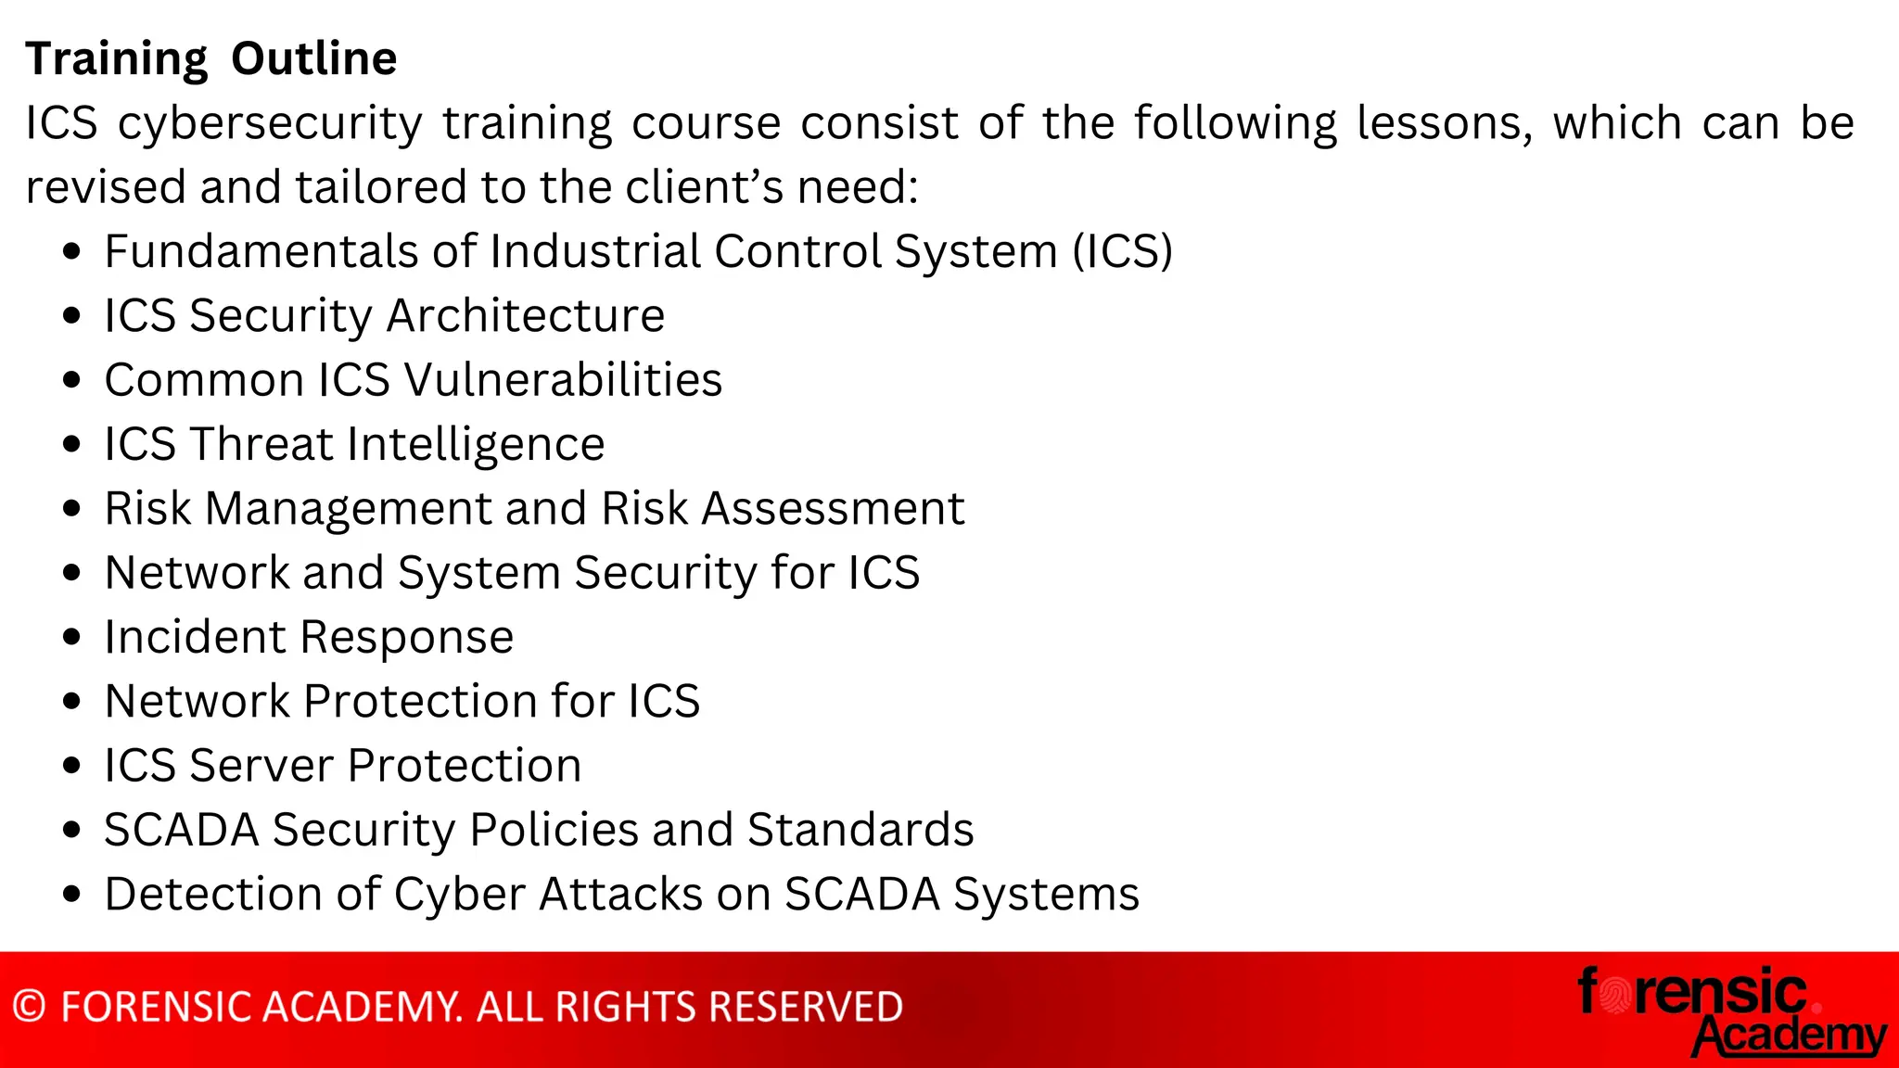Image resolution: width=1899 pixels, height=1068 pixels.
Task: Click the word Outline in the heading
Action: [313, 59]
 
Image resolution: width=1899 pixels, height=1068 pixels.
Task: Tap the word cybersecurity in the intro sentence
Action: [270, 124]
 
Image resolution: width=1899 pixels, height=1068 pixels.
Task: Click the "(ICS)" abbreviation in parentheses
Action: [1122, 252]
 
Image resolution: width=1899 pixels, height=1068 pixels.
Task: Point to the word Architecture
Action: [526, 316]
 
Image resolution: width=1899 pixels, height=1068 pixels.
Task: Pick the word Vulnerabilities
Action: [563, 380]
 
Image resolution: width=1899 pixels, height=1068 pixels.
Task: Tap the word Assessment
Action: [833, 509]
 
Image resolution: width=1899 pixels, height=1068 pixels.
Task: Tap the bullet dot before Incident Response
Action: [72, 638]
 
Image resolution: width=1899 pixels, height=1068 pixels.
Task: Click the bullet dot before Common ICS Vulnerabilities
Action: [72, 380]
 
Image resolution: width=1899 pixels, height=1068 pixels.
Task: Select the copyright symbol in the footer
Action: [30, 1008]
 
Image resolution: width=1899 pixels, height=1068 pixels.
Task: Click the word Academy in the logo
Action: [1789, 1036]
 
